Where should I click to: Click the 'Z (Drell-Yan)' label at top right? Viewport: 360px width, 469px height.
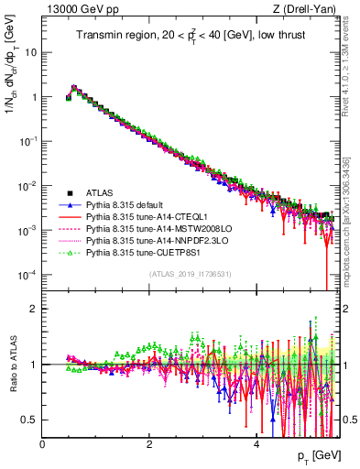click(304, 8)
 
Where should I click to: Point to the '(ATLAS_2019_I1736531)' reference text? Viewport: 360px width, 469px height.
click(190, 274)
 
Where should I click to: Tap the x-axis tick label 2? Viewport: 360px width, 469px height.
click(148, 443)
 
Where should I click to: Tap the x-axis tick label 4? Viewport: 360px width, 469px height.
click(256, 443)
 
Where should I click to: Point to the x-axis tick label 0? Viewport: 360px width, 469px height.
click(42, 443)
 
